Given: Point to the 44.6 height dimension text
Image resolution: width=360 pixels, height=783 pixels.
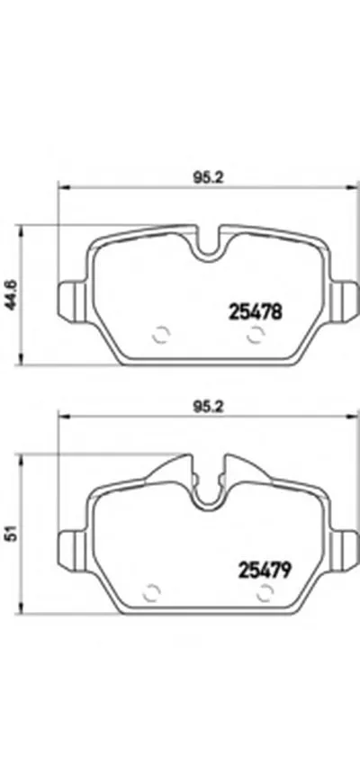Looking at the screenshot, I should pyautogui.click(x=12, y=293).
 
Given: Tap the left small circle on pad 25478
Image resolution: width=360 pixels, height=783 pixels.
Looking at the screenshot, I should pyautogui.click(x=161, y=334).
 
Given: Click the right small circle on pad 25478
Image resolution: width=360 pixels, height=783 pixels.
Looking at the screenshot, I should pyautogui.click(x=256, y=334).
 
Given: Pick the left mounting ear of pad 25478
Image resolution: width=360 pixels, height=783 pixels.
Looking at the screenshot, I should pyautogui.click(x=70, y=298).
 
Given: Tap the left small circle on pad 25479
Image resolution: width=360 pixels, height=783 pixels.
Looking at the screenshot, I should pyautogui.click(x=150, y=592).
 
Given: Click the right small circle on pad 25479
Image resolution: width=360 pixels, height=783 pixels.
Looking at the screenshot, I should pyautogui.click(x=265, y=592).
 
